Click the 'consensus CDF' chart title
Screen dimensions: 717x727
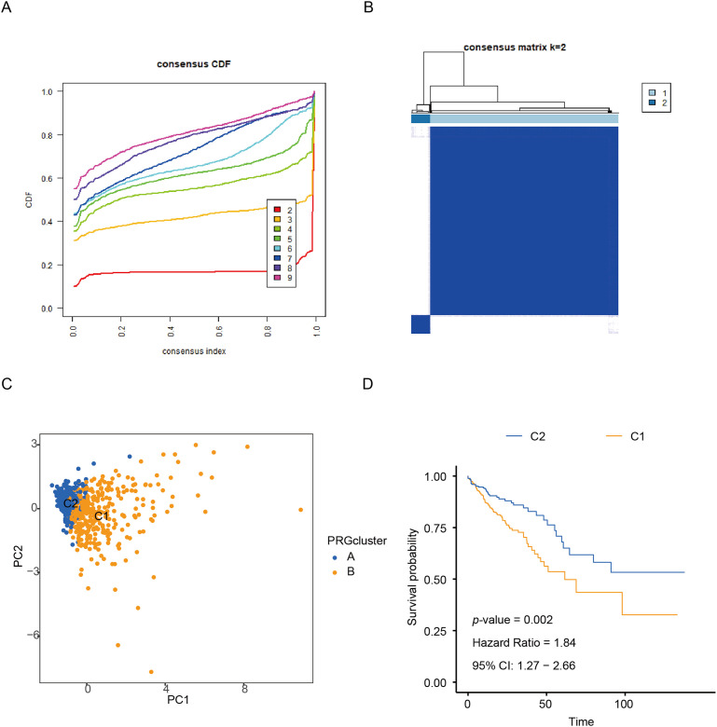point(193,64)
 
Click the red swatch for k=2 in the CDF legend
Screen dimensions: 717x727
point(277,210)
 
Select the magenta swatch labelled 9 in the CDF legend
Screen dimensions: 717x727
point(277,278)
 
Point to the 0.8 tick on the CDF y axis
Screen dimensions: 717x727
point(47,135)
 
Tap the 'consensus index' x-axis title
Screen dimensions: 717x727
point(194,351)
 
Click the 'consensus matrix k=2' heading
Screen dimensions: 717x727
point(515,48)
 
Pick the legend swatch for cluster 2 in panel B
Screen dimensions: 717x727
point(652,103)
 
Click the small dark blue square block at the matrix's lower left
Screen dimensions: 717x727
point(421,324)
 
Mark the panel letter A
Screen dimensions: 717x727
point(6,7)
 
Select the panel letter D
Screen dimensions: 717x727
point(367,384)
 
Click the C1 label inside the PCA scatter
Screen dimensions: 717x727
point(101,516)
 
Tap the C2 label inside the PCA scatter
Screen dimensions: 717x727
point(71,503)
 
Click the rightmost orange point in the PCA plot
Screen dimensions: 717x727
point(300,510)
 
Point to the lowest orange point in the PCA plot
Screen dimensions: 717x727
point(151,672)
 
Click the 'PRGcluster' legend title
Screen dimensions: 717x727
point(357,541)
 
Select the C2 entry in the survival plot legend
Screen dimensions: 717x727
point(526,436)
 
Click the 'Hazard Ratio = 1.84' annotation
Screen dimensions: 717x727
point(524,642)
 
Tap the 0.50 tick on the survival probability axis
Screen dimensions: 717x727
point(435,580)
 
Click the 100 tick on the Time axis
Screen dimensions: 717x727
point(624,704)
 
